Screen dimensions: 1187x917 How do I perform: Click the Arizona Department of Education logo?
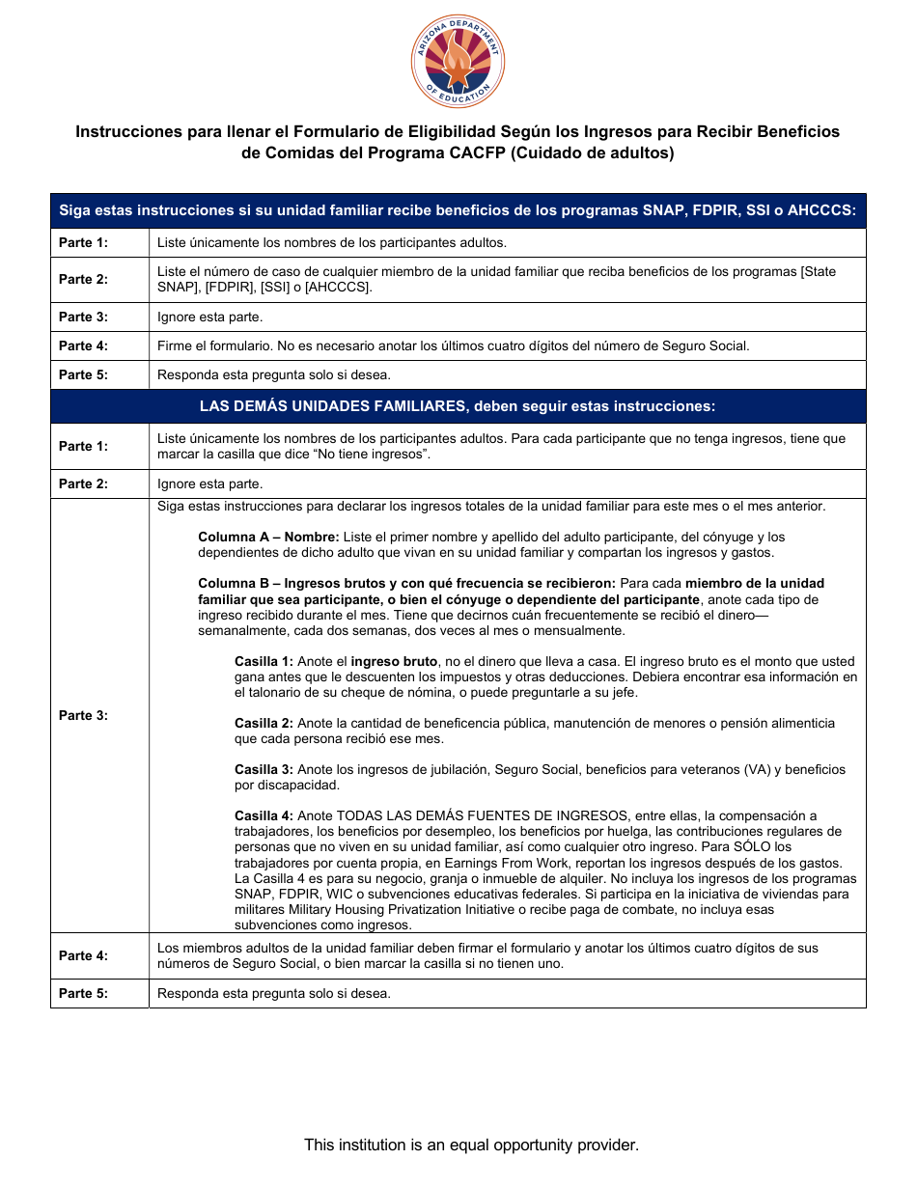(458, 63)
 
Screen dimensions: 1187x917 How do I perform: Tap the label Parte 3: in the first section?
(83, 317)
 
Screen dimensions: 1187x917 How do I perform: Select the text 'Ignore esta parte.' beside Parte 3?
(209, 317)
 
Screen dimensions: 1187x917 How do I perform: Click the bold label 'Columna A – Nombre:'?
(268, 537)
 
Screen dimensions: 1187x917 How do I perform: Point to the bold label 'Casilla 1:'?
(264, 662)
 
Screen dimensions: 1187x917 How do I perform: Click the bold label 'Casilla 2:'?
(264, 723)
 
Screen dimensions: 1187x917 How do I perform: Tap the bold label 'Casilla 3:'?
(264, 769)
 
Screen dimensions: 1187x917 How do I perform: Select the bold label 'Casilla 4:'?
(264, 815)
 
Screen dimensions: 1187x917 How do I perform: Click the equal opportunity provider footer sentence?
(471, 1145)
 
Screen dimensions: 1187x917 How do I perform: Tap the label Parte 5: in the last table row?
(83, 993)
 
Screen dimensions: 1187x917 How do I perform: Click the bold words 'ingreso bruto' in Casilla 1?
(394, 662)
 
